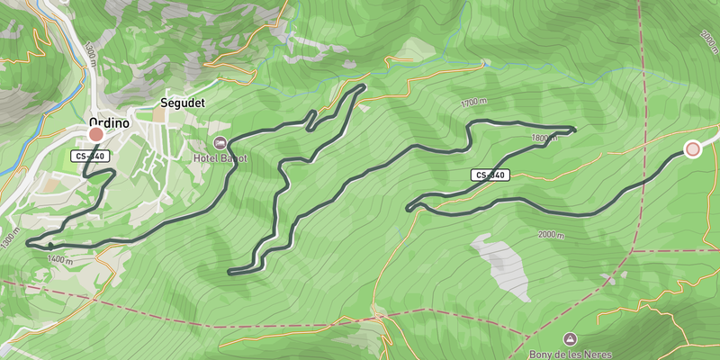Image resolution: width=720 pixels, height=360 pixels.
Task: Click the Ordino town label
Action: pos(109,123)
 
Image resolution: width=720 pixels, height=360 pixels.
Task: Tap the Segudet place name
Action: pos(182,103)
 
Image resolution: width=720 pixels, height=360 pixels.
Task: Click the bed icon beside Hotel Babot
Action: pos(219,143)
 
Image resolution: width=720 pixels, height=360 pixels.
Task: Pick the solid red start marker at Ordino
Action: pos(95,135)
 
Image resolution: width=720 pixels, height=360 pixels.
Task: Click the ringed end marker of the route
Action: pos(692,149)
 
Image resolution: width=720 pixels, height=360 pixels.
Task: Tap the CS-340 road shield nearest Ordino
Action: pos(90,157)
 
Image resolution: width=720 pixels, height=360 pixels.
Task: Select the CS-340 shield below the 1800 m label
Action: pos(490,175)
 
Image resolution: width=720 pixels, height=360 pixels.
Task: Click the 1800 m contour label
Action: pos(545,139)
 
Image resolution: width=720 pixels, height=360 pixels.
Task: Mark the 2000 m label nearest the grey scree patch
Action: pos(551,235)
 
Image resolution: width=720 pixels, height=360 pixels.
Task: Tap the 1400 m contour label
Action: pos(60,259)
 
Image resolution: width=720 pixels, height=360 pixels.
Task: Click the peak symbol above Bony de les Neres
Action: pos(569,338)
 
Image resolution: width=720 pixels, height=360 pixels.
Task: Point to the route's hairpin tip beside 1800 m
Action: pos(573,129)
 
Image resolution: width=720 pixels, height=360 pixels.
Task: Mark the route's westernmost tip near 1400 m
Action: pos(29,243)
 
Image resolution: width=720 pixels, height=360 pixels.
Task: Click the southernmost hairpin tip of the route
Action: pos(231,271)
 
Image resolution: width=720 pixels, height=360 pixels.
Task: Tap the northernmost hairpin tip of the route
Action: pos(363,86)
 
